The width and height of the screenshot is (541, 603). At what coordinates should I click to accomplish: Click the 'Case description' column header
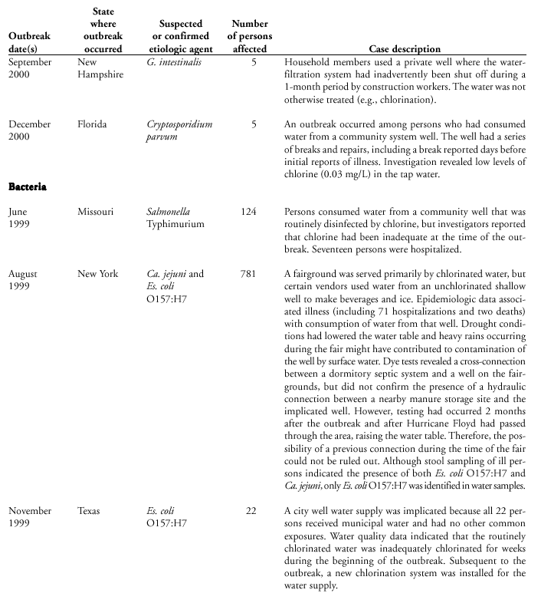pyautogui.click(x=405, y=49)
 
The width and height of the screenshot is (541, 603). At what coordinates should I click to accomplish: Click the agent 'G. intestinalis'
pyautogui.click(x=174, y=62)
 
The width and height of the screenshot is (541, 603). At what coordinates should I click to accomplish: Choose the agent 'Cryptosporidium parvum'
pyautogui.click(x=179, y=130)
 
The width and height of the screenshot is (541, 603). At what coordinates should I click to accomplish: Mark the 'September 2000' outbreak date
pyautogui.click(x=30, y=68)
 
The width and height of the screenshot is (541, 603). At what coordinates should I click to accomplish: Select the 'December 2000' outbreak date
pyautogui.click(x=30, y=130)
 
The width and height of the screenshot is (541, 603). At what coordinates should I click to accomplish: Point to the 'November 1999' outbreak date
pyautogui.click(x=30, y=516)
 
